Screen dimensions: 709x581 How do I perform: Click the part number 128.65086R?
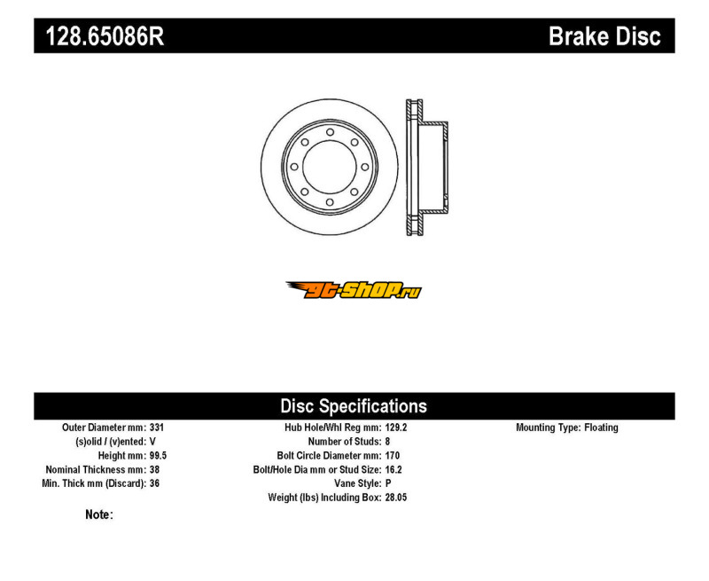click(105, 35)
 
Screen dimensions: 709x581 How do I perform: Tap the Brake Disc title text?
click(604, 36)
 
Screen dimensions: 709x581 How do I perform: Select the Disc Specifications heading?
click(354, 406)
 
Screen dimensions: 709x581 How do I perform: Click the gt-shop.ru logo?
click(354, 290)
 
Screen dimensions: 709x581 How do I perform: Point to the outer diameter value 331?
click(157, 428)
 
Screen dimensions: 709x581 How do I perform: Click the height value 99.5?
click(159, 456)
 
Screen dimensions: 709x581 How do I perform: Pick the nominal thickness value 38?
click(154, 470)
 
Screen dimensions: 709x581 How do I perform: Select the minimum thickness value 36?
click(154, 483)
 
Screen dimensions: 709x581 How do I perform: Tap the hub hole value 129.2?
click(396, 428)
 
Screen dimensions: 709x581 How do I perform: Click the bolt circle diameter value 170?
click(393, 456)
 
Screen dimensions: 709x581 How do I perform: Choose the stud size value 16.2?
click(393, 470)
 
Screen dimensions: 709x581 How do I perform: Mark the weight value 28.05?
click(396, 498)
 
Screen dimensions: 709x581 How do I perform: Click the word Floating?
click(601, 428)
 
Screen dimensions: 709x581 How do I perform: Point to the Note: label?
click(99, 514)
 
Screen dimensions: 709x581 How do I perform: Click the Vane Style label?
click(358, 483)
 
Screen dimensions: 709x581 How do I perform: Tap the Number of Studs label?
click(345, 442)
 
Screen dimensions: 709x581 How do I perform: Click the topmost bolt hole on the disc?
click(330, 132)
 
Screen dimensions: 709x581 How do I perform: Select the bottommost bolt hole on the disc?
click(330, 202)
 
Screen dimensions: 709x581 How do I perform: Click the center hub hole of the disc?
click(330, 167)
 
